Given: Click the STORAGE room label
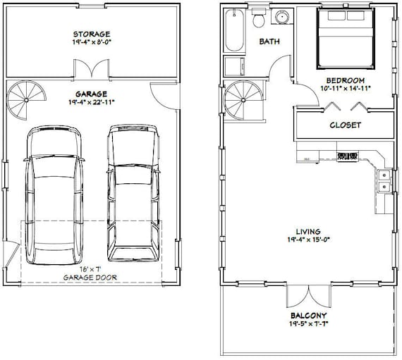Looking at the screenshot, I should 91,33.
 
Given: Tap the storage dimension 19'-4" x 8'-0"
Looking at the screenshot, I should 91,42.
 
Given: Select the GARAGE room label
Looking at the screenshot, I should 91,92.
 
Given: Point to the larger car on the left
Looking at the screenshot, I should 53,194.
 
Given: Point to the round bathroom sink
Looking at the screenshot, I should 283,17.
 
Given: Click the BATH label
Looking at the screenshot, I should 269,42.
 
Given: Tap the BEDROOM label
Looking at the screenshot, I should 344,80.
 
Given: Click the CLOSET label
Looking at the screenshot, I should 346,125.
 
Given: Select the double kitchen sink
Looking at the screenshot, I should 384,180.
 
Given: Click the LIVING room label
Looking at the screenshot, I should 308,230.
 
